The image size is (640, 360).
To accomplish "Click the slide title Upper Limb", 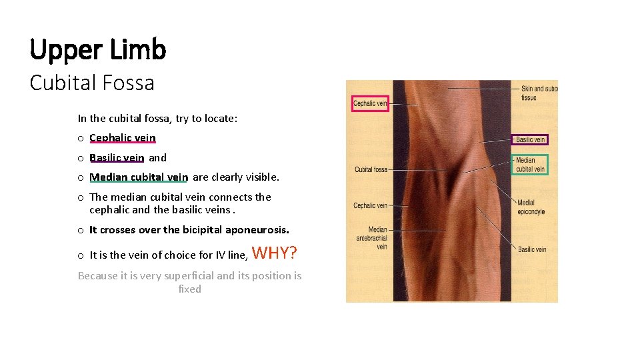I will (x=98, y=49).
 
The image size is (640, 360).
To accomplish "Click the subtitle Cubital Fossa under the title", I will (x=92, y=83).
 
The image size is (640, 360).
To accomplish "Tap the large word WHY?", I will (x=275, y=253).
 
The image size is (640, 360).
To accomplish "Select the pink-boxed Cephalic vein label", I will (x=370, y=103).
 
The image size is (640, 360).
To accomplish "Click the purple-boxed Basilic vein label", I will (x=531, y=139).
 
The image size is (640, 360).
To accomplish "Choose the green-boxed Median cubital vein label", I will (x=530, y=165).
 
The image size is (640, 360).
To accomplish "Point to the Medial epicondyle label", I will (x=531, y=207).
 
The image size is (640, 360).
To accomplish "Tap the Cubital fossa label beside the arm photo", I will (x=371, y=169).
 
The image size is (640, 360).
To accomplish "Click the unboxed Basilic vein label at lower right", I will (x=532, y=249).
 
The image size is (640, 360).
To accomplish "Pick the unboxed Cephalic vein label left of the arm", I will (x=370, y=205).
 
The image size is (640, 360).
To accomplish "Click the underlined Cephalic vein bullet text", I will (x=122, y=138).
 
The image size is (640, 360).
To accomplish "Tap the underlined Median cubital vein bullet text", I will (x=139, y=177).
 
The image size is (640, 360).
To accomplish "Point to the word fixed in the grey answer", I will (x=190, y=289).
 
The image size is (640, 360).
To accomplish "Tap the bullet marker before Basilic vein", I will (x=79, y=159).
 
